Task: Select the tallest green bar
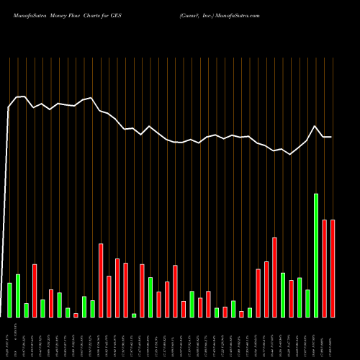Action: click(x=315, y=256)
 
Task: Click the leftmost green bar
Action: click(x=9, y=300)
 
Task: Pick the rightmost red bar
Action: click(x=333, y=269)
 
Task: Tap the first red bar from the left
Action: click(x=34, y=291)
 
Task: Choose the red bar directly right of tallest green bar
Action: click(x=324, y=269)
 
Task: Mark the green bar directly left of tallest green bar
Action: click(x=307, y=303)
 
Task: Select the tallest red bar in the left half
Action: click(x=101, y=281)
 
